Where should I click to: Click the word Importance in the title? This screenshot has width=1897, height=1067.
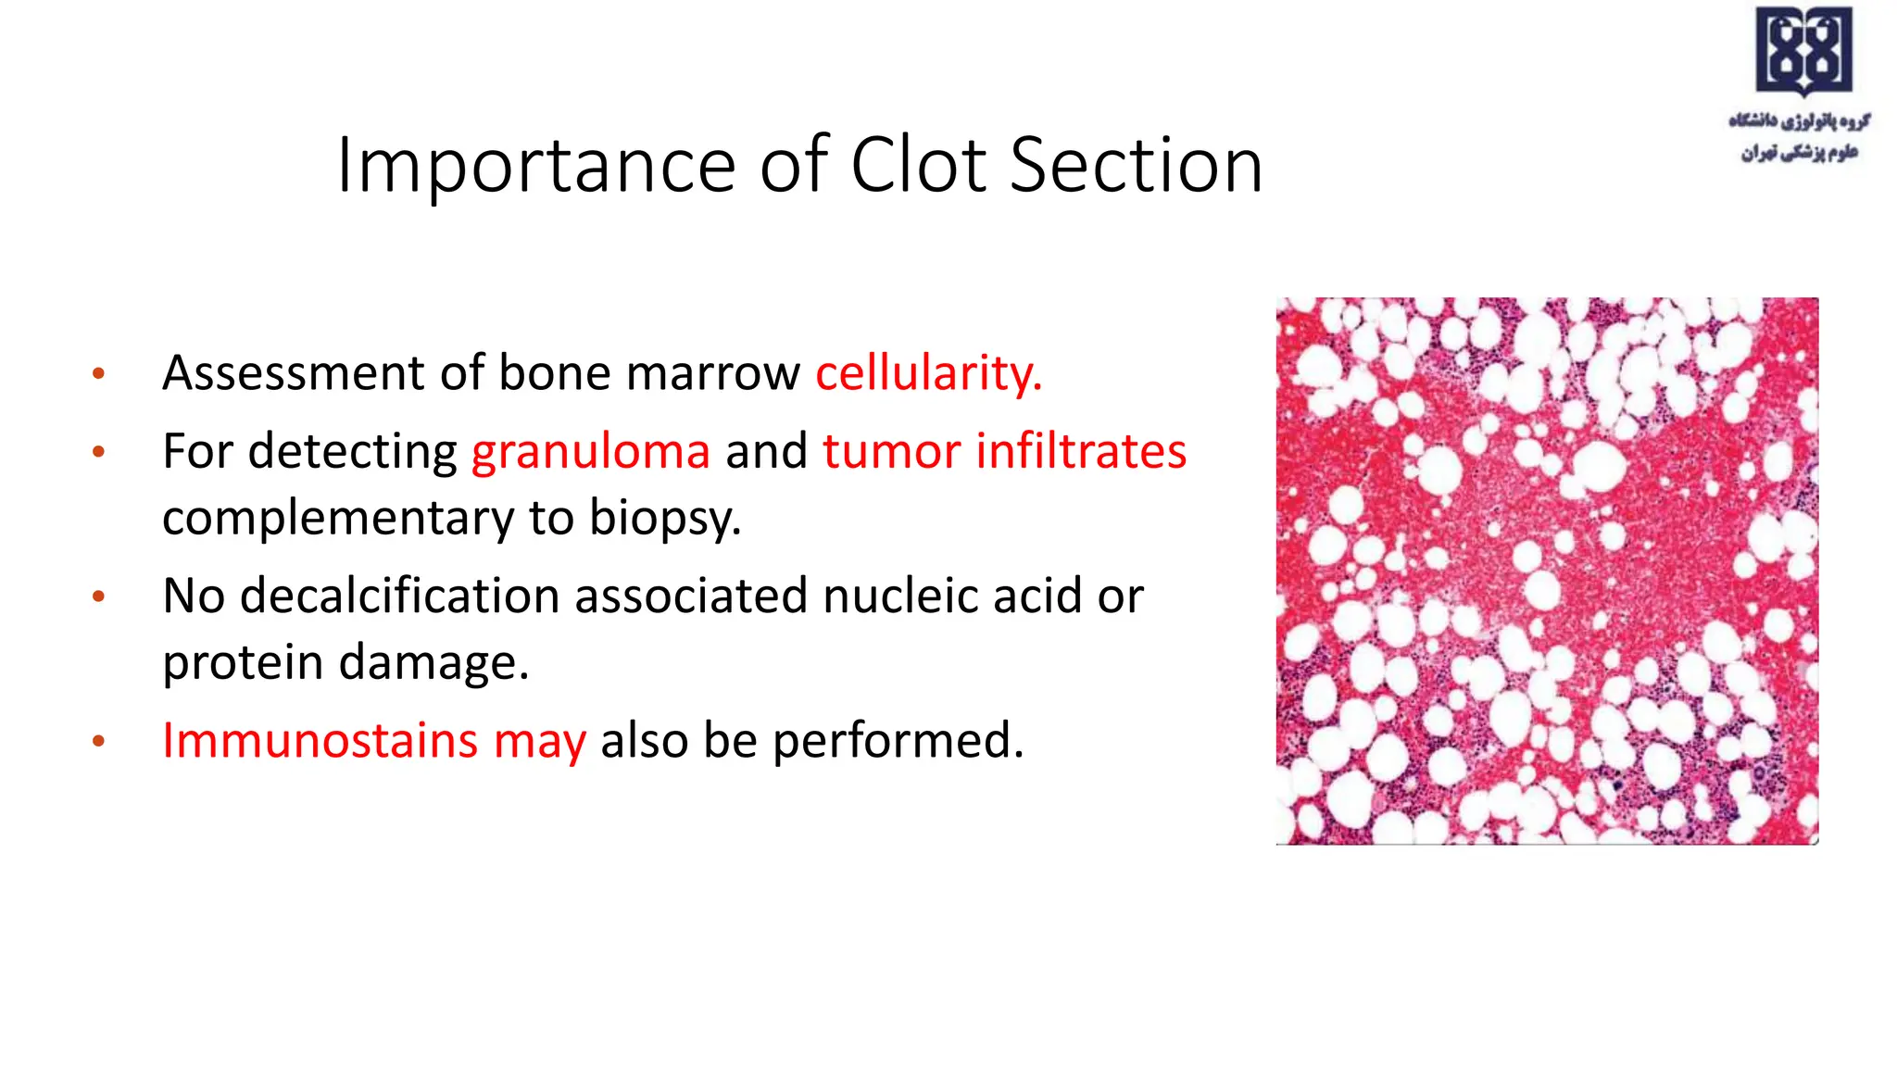coord(535,167)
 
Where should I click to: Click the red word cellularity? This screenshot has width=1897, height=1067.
coord(928,373)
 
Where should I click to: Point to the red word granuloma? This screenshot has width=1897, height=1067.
coord(591,452)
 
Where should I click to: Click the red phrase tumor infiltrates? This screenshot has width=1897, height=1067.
coord(1004,452)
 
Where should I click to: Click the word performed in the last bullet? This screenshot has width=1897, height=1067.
coord(898,741)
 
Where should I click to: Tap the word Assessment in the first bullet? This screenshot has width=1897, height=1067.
coord(295,373)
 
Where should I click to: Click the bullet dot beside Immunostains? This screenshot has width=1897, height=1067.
coord(98,742)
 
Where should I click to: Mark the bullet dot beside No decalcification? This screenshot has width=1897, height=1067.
coord(98,597)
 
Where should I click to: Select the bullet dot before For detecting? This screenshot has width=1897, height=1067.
coord(98,453)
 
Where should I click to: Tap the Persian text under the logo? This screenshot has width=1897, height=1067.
coord(1800,136)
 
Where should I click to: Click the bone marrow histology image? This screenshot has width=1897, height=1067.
coord(1547,571)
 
